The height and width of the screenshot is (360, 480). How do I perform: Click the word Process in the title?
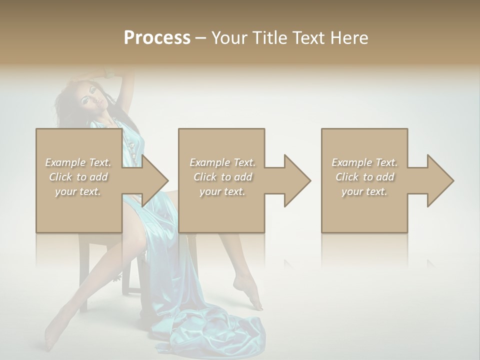157,38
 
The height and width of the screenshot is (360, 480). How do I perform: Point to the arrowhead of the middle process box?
297,180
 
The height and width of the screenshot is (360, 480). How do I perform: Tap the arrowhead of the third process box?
440,180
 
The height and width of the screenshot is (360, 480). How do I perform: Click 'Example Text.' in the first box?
78,162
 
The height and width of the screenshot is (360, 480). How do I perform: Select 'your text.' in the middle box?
222,191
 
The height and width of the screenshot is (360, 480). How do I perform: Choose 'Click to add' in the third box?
364,177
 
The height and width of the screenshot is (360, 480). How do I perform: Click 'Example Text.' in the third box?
364,162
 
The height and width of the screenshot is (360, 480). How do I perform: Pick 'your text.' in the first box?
78,191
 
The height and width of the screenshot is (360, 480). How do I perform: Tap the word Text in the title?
306,38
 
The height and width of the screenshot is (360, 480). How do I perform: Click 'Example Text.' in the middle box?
222,162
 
